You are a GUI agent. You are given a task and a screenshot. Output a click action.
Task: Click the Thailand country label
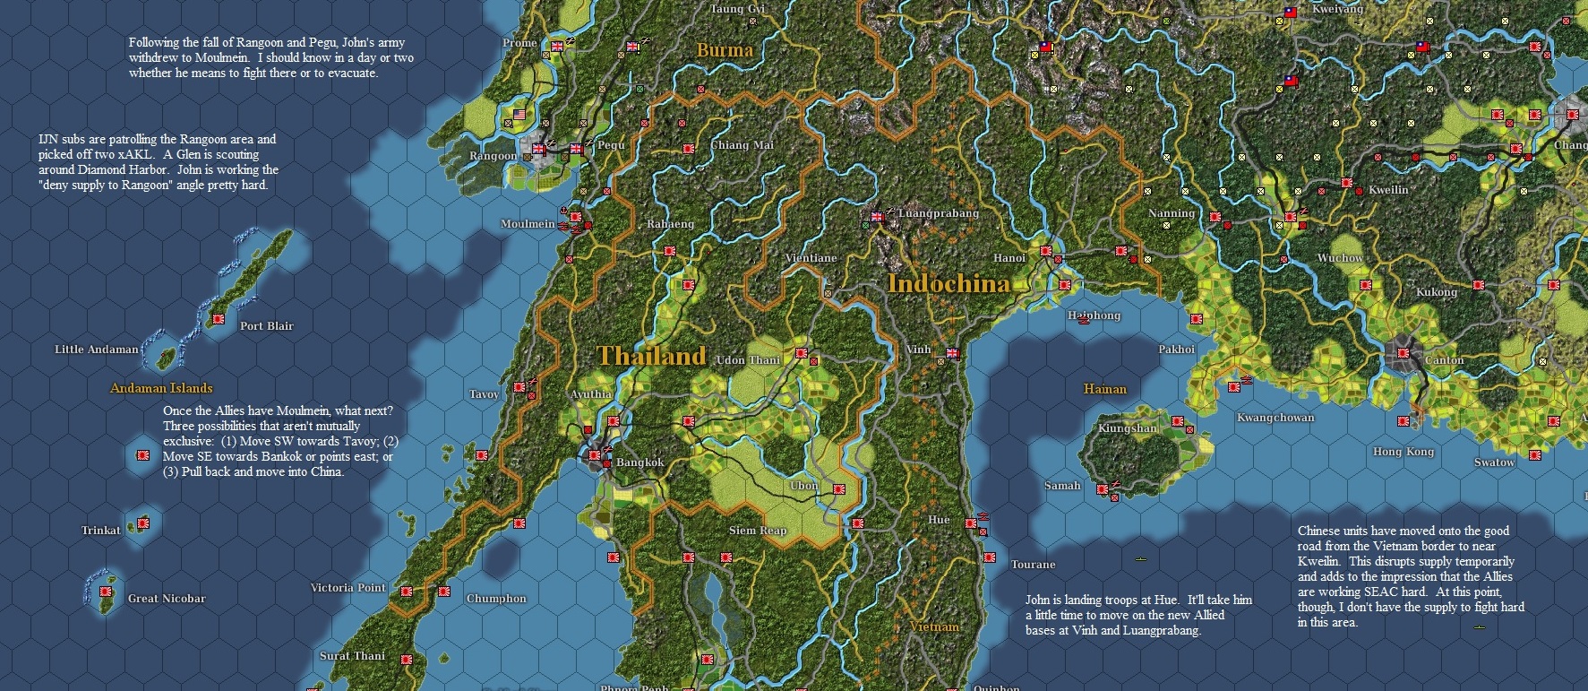click(x=651, y=356)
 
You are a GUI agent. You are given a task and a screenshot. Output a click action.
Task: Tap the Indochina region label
click(x=949, y=284)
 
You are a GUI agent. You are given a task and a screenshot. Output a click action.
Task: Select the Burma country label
click(x=725, y=50)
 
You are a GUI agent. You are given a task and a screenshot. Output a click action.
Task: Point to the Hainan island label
click(x=1104, y=389)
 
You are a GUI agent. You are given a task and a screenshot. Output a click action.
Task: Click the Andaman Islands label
click(x=161, y=388)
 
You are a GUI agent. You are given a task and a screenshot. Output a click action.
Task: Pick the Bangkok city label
click(x=639, y=462)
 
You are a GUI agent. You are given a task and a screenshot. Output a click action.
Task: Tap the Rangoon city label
click(x=493, y=156)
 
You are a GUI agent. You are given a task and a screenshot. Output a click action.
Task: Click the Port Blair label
click(x=266, y=326)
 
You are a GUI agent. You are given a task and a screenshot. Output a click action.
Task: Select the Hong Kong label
click(x=1403, y=452)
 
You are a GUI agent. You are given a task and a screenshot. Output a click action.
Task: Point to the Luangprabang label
click(x=938, y=213)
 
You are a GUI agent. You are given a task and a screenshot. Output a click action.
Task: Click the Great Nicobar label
click(x=167, y=599)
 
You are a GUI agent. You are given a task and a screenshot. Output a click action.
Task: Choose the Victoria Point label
click(x=348, y=588)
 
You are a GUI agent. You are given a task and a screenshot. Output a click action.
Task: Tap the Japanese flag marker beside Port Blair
click(x=218, y=318)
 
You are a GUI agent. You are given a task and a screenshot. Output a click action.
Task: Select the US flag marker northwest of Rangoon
click(x=519, y=115)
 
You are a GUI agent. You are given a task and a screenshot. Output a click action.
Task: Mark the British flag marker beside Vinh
click(x=953, y=353)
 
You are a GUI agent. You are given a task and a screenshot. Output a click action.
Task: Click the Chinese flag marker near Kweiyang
click(x=1291, y=13)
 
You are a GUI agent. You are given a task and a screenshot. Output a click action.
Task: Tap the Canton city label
click(x=1444, y=360)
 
